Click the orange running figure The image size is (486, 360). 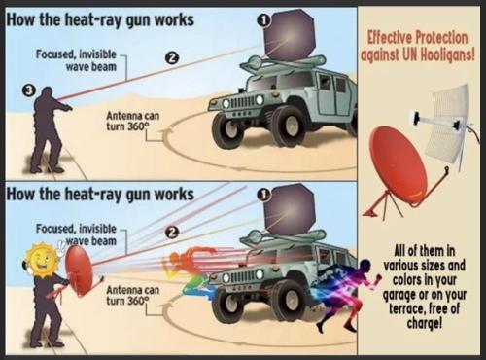point(184,268)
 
